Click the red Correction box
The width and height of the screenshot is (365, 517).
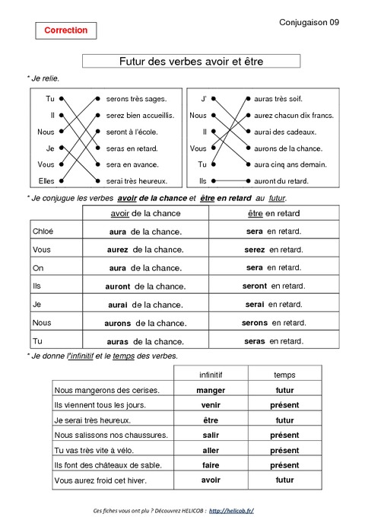(66, 30)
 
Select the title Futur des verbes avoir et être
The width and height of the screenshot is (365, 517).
(191, 61)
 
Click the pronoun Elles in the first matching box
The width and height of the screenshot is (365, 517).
(46, 181)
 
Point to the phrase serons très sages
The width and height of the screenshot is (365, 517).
(136, 99)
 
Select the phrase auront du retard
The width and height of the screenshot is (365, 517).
(281, 181)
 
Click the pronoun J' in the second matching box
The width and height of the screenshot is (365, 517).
(203, 99)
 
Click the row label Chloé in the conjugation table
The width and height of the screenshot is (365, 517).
(43, 231)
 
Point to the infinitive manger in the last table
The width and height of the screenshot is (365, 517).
(211, 390)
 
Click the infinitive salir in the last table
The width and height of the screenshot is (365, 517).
(211, 435)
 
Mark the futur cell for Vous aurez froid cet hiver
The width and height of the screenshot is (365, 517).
(284, 480)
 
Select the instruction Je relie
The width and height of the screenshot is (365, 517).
(43, 78)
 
